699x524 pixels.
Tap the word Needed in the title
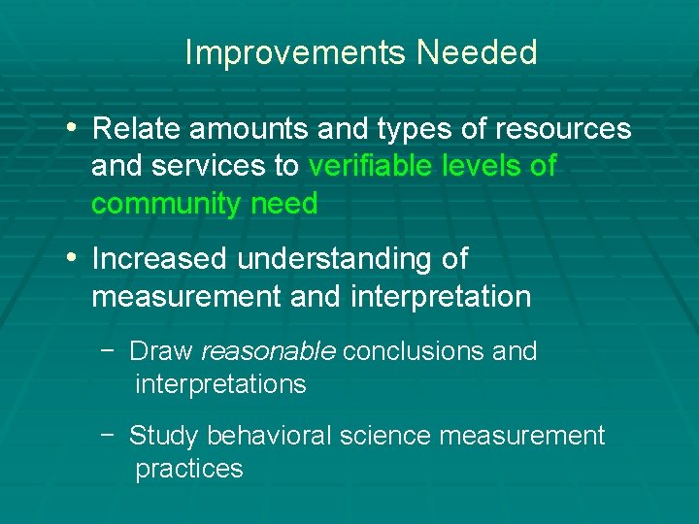[x=477, y=53]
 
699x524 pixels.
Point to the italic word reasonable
[x=268, y=351]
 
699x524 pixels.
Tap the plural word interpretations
[x=220, y=385]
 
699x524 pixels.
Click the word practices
[x=188, y=470]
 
